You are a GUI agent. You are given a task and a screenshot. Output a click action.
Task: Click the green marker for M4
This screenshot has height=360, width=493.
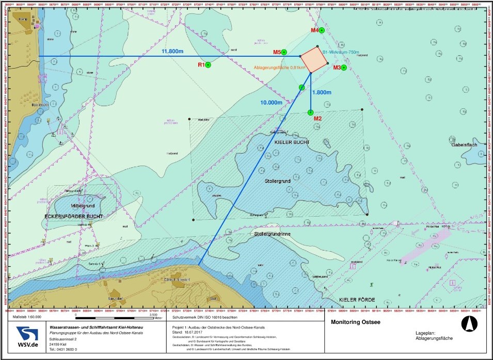point(322,30)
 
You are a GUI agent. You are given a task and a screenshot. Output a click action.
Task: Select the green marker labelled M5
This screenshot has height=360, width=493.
point(284,52)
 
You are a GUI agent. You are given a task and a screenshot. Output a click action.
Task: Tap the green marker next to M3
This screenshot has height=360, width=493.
point(343,68)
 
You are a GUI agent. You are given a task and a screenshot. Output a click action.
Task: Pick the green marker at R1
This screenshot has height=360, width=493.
point(208,65)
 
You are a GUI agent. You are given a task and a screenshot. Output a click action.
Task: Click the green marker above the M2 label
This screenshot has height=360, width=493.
point(310,112)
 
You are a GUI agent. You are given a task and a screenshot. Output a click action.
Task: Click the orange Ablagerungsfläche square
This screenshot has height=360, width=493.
point(314,60)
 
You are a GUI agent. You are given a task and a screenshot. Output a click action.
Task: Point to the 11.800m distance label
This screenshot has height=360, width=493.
point(173,52)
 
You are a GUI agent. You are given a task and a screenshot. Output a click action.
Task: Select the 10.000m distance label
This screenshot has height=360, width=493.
point(271,103)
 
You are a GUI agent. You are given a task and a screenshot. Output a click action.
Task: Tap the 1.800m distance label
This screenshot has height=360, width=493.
point(321,93)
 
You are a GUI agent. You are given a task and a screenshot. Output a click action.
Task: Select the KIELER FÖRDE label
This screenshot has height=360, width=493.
point(357,300)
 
